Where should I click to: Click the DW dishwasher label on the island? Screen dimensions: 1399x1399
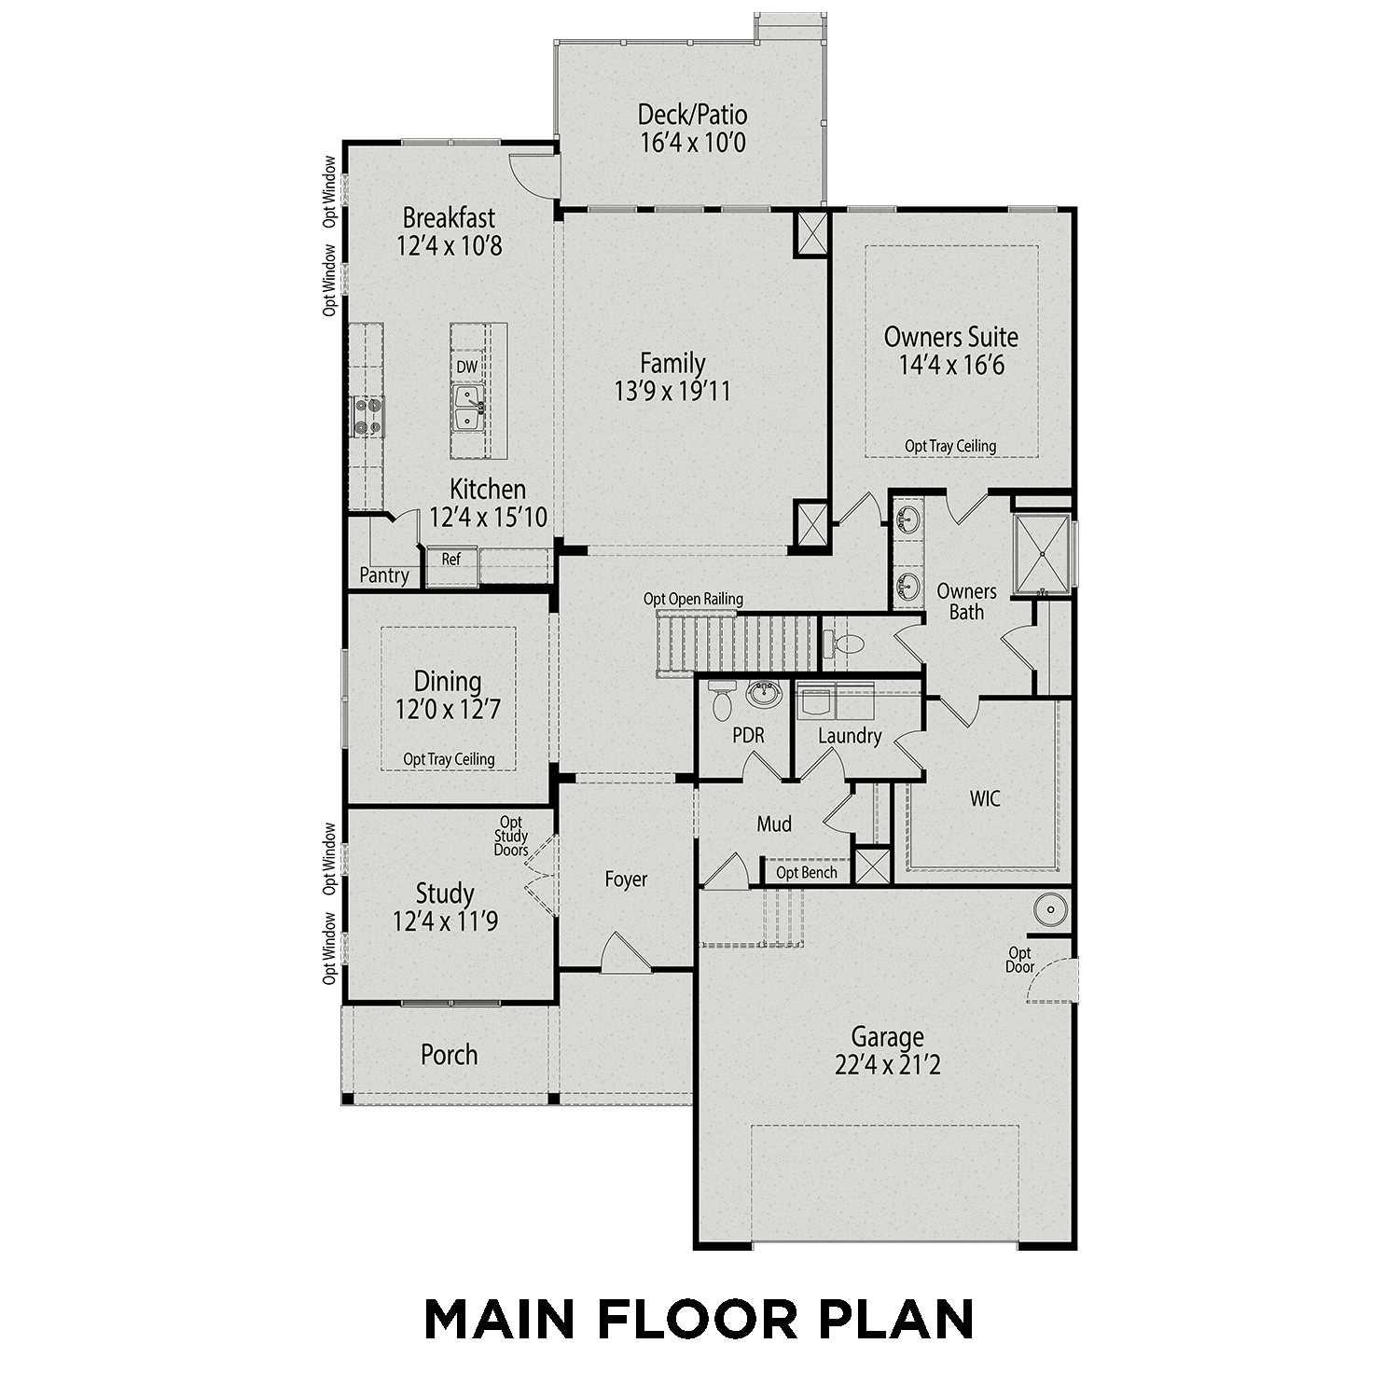coord(466,367)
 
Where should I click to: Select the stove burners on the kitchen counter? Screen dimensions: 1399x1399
coord(367,416)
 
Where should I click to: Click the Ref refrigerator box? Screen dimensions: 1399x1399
coord(451,560)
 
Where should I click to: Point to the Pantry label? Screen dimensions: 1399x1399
coord(383,575)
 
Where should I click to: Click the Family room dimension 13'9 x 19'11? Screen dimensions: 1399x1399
coord(672,392)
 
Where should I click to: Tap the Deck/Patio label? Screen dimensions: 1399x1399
coord(692,115)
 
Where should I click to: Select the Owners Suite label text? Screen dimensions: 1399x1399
coord(950,337)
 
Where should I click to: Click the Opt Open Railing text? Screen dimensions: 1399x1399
coord(693,599)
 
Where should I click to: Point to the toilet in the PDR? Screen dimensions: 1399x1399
coord(721,701)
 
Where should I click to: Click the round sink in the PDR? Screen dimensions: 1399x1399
coord(764,694)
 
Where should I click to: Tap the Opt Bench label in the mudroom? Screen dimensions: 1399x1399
coord(806,873)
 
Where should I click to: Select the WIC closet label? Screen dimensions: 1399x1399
coord(985,798)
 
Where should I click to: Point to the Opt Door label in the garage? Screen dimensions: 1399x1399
coord(1019,960)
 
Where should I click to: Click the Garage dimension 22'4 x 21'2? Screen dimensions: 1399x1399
coord(887,1065)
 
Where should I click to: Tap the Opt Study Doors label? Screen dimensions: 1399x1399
coord(511,837)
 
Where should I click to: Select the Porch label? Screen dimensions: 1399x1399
coord(449,1055)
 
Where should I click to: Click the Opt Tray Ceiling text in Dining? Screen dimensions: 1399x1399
coord(449,759)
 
